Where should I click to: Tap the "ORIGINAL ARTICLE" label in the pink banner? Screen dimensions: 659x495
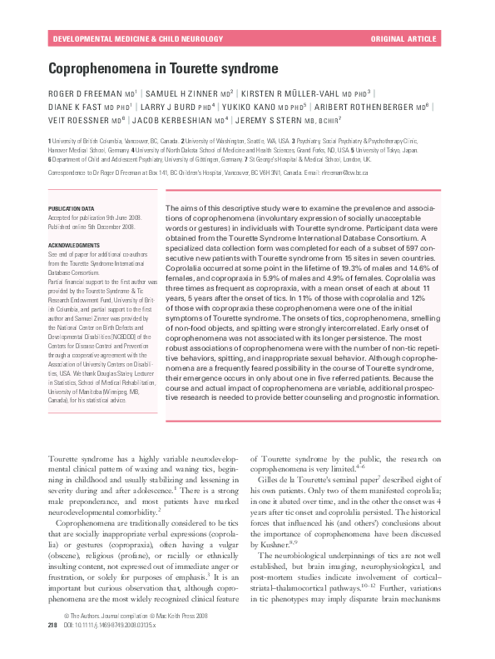pyautogui.click(x=403, y=39)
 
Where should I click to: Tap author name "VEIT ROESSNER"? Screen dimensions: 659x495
pyautogui.click(x=82, y=120)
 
